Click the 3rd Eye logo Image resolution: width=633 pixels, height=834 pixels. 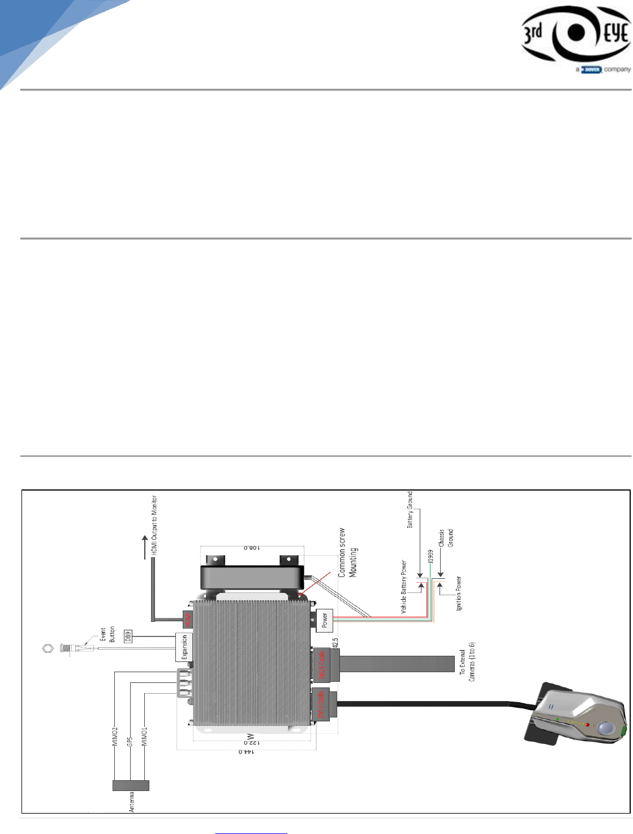pyautogui.click(x=575, y=33)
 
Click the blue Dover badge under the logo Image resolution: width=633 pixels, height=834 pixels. pyautogui.click(x=592, y=70)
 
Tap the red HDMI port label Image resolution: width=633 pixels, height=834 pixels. pyautogui.click(x=188, y=619)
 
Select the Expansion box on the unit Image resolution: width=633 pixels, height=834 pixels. pyautogui.click(x=184, y=647)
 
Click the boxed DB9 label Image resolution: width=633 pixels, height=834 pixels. pyautogui.click(x=128, y=636)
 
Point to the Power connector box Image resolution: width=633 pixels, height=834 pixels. pyautogui.click(x=325, y=621)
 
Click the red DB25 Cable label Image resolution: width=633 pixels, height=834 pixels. pyautogui.click(x=322, y=665)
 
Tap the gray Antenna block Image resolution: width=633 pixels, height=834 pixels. pyautogui.click(x=131, y=785)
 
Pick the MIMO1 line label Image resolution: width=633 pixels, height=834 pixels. pyautogui.click(x=144, y=737)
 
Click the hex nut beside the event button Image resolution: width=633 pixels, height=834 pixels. pyautogui.click(x=48, y=647)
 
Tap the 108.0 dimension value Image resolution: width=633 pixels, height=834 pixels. pyautogui.click(x=252, y=548)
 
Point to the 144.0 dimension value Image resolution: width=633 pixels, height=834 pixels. pyautogui.click(x=246, y=751)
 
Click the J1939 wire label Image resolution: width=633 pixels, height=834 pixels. pyautogui.click(x=430, y=556)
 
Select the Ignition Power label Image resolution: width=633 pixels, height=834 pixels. pyautogui.click(x=458, y=594)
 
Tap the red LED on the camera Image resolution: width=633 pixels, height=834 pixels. pyautogui.click(x=587, y=724)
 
